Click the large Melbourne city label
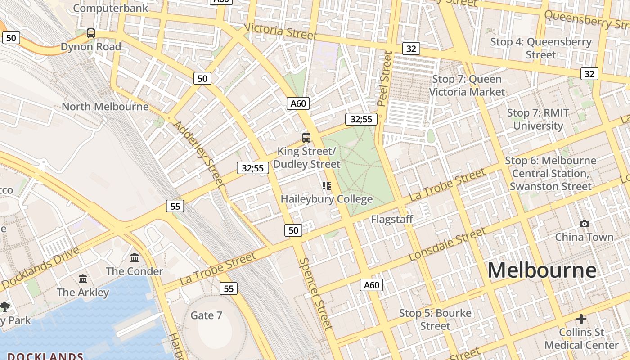(542, 270)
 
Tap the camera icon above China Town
(584, 224)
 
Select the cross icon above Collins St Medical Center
(581, 319)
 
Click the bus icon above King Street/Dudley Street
(306, 138)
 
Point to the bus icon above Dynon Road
(91, 33)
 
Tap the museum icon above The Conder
(135, 258)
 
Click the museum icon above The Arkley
(83, 279)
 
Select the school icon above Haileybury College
(327, 186)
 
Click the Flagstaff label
(392, 219)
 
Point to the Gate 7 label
(206, 315)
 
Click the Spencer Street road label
(316, 293)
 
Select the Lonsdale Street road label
(447, 244)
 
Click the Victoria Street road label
(281, 31)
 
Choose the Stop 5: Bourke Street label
(435, 319)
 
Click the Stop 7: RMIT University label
(538, 119)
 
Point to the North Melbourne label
(105, 107)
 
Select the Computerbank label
(110, 8)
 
